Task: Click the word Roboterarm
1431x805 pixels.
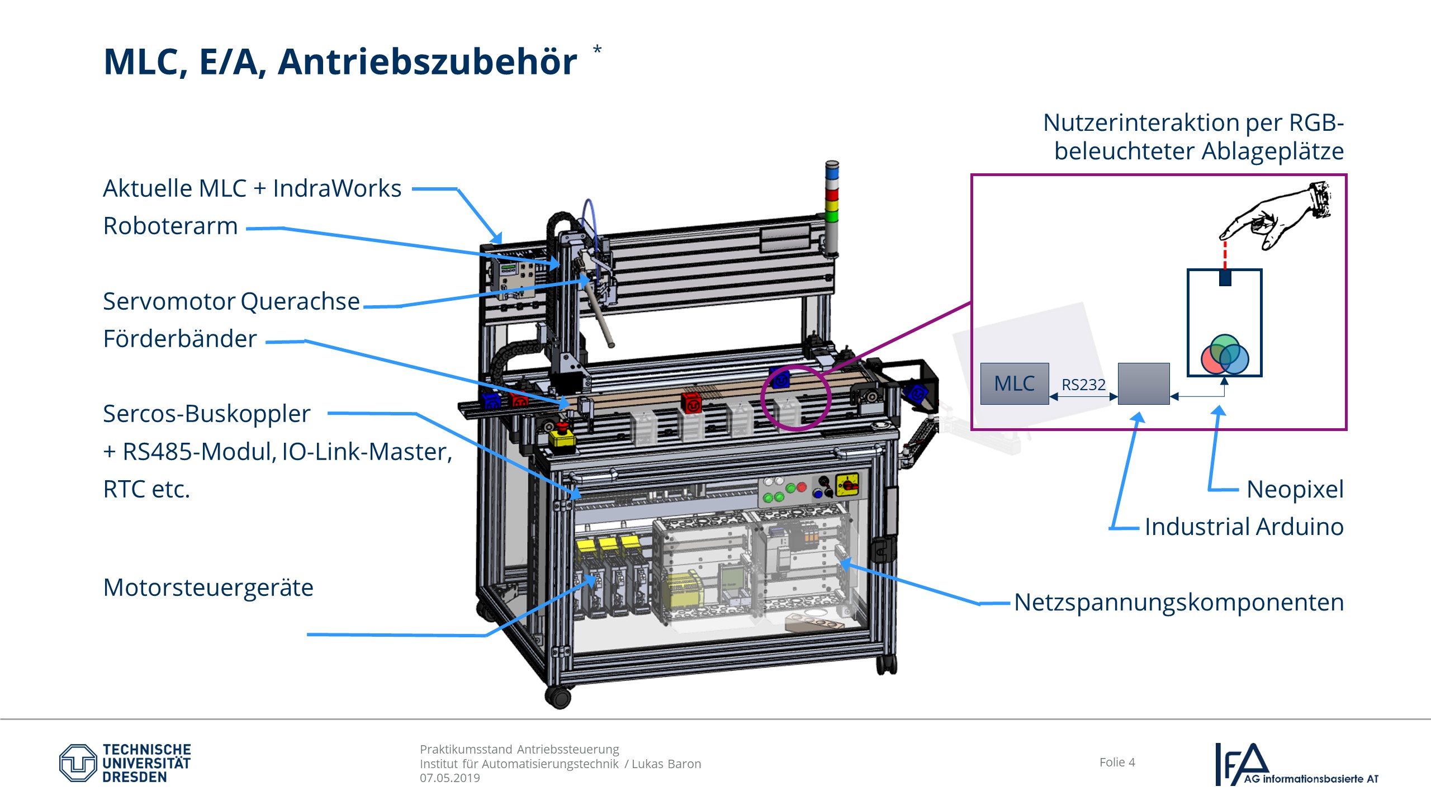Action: pos(170,226)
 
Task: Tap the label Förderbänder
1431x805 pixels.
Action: pos(180,339)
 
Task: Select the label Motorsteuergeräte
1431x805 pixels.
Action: pos(208,588)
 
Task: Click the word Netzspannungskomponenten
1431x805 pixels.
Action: pos(1178,603)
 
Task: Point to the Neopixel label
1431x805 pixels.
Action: pos(1295,489)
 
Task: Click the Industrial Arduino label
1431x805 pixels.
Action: pos(1244,527)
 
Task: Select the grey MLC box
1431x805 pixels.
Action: pos(1014,383)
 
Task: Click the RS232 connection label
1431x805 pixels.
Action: pos(1083,385)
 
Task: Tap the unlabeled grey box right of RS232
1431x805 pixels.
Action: pos(1143,383)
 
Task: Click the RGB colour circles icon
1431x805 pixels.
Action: pos(1224,354)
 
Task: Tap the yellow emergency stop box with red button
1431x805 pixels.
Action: pos(562,437)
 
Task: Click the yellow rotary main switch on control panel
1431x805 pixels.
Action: pos(847,484)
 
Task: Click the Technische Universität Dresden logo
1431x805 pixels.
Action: pos(125,763)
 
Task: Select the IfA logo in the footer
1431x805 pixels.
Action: pos(1296,764)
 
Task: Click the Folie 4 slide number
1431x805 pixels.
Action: pos(1117,763)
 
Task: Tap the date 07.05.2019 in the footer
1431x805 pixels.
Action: pos(450,778)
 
